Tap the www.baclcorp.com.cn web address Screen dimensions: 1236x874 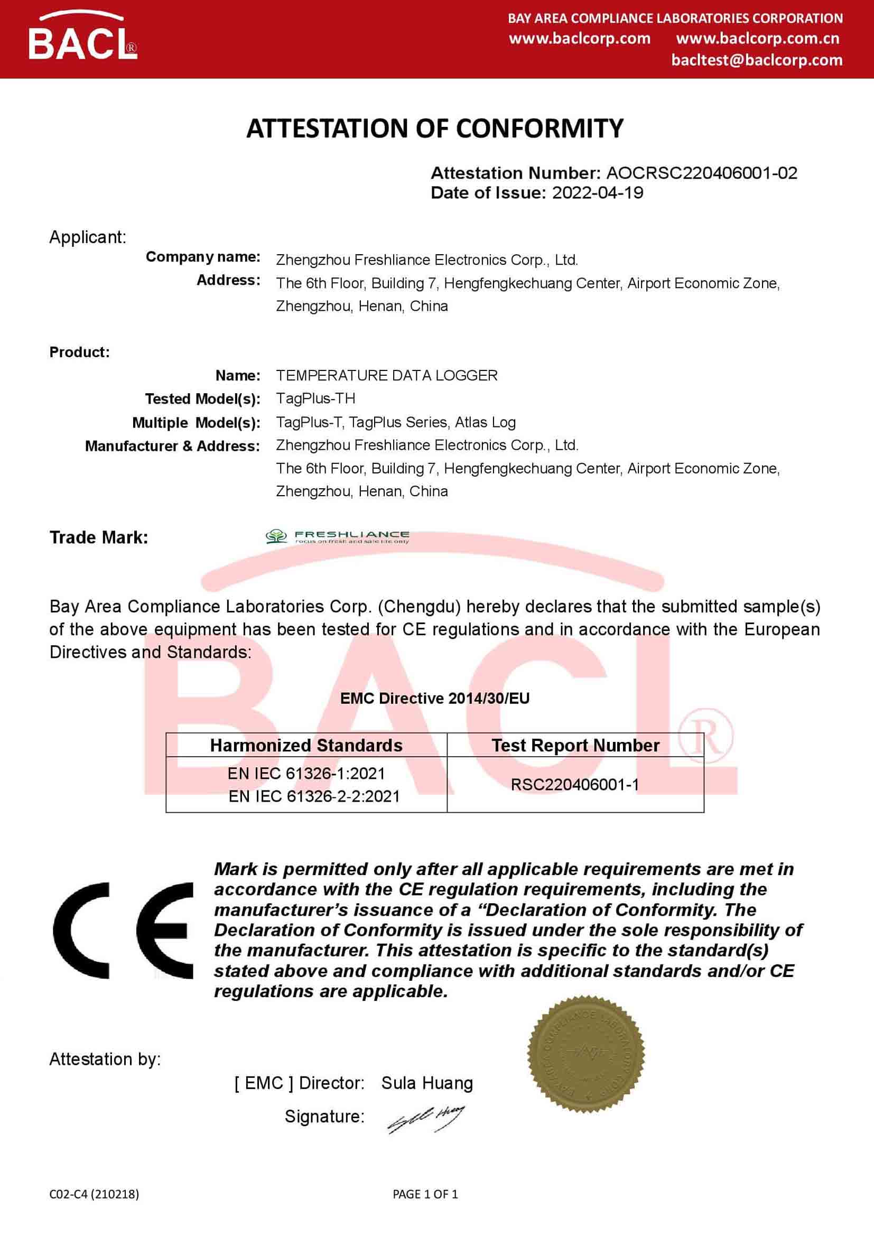(x=757, y=39)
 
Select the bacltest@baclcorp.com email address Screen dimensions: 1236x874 (x=757, y=60)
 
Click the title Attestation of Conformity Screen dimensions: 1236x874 (x=435, y=128)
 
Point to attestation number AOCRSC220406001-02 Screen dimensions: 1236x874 (x=701, y=173)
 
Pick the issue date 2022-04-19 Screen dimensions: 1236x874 (x=598, y=193)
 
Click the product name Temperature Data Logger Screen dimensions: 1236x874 (x=386, y=375)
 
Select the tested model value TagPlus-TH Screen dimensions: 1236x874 (x=315, y=398)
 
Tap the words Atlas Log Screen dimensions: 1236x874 (x=486, y=422)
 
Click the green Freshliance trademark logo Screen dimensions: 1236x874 (x=338, y=537)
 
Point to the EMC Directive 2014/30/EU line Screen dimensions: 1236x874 (x=435, y=698)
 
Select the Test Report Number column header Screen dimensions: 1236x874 (x=575, y=745)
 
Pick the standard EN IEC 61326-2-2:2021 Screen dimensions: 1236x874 (x=314, y=796)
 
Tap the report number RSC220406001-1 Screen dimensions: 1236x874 (x=575, y=784)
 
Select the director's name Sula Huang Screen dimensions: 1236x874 (x=427, y=1083)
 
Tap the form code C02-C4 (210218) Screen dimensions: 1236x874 (x=94, y=1194)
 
